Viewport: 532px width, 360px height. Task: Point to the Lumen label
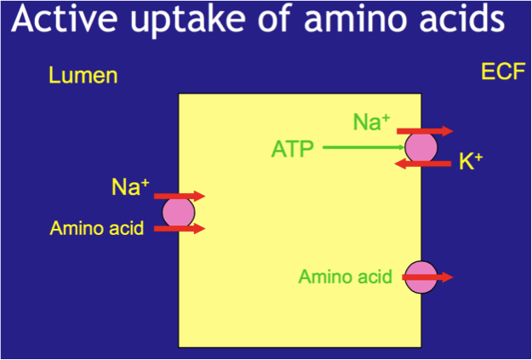coord(82,76)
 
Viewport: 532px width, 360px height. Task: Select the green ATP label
coord(292,150)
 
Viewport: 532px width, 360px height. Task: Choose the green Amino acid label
coord(346,277)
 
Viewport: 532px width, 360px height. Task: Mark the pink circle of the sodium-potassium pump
coord(420,147)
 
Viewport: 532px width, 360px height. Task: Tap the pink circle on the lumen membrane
coord(178,212)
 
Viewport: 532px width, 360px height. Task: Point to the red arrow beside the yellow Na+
coord(180,196)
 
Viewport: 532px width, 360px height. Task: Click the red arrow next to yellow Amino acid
coord(180,228)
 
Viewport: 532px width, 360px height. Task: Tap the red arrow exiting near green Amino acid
coord(436,277)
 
